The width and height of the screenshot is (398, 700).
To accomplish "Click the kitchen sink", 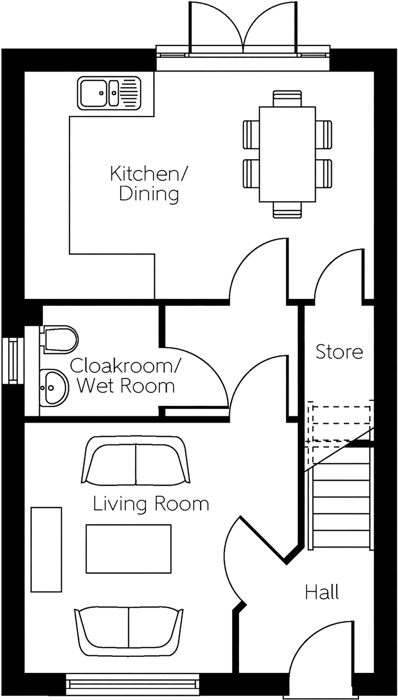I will pyautogui.click(x=109, y=93).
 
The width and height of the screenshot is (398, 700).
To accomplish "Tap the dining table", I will pyautogui.click(x=287, y=154).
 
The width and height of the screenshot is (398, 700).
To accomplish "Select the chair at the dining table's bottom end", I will pyautogui.click(x=287, y=210).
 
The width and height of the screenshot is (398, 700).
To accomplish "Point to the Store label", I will pyautogui.click(x=339, y=352).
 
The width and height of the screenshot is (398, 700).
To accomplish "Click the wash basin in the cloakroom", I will pyautogui.click(x=54, y=388).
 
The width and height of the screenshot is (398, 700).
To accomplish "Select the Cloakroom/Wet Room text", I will pyautogui.click(x=125, y=376).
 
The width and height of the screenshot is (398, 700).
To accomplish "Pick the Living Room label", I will pyautogui.click(x=151, y=504).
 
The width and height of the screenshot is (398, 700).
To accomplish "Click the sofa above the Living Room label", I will pyautogui.click(x=136, y=460).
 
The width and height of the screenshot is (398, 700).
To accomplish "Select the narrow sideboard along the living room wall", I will pyautogui.click(x=46, y=549).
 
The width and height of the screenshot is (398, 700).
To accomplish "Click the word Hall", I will pyautogui.click(x=322, y=592).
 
